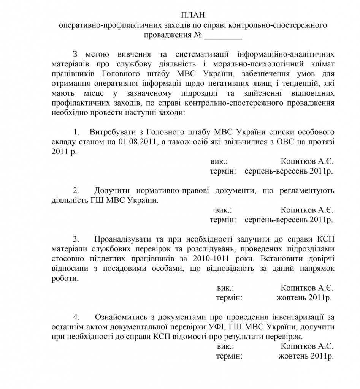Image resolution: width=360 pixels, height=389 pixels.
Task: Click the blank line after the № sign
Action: (223, 36)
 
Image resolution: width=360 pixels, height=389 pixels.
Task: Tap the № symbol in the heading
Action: (197, 36)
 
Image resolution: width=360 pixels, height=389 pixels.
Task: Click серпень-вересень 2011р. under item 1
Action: (289, 171)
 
